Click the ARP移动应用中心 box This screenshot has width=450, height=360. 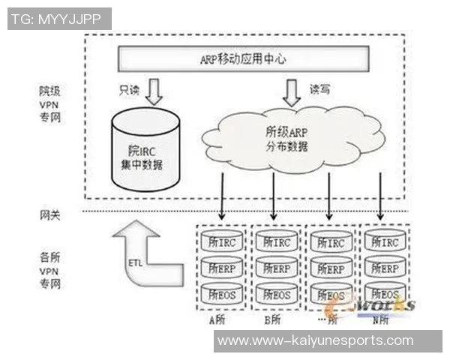[244, 57]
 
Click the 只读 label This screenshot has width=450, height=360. [129, 89]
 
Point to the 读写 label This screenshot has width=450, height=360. [320, 89]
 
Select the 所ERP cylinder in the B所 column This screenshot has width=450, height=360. [276, 267]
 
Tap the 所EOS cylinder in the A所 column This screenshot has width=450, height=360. [222, 293]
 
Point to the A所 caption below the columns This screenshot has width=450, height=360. [219, 318]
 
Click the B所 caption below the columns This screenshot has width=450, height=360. [273, 318]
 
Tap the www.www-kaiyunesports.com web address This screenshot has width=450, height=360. [315, 340]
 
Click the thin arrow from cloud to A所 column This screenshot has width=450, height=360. [222, 195]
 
